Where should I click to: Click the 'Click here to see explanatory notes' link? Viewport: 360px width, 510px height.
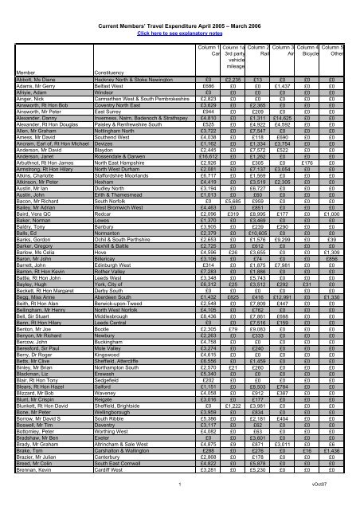click(180, 15)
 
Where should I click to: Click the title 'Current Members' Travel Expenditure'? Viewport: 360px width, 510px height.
click(180, 7)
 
